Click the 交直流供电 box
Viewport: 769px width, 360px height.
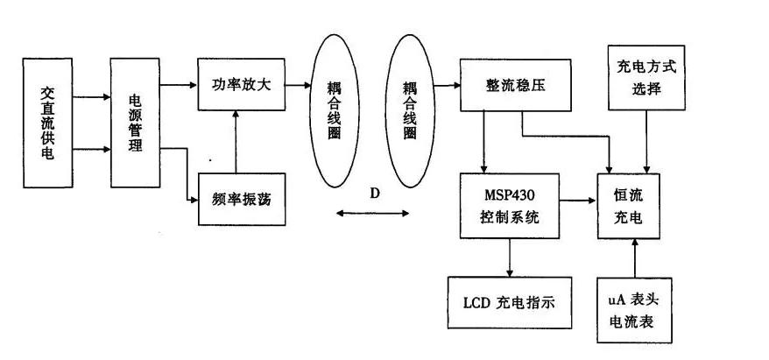(47, 123)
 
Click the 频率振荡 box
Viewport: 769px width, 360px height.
(241, 200)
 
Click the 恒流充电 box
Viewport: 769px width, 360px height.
(631, 205)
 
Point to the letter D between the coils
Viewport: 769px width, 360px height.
(374, 194)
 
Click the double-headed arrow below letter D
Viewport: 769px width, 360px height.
(374, 213)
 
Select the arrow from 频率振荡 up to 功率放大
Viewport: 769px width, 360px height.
(235, 140)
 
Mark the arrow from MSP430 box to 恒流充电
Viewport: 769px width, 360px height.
(578, 201)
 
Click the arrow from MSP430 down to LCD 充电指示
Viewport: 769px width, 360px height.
(511, 258)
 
